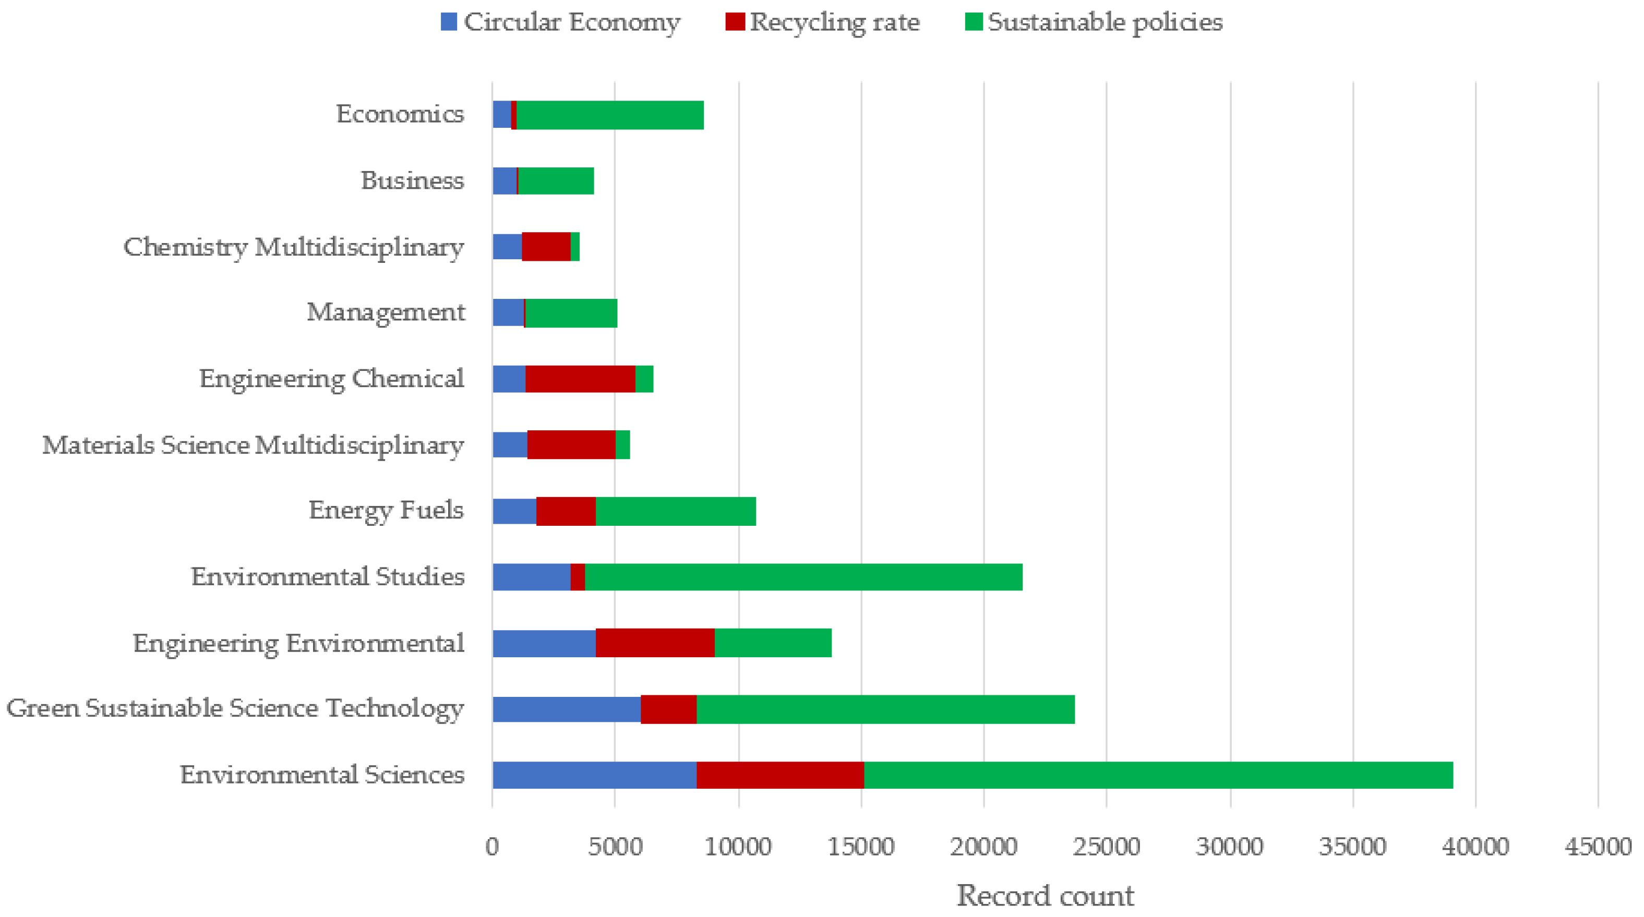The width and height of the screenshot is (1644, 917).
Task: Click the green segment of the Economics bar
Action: (x=609, y=115)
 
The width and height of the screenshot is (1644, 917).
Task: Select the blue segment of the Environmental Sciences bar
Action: (x=594, y=775)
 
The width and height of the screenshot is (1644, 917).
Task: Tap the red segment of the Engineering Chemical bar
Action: (x=580, y=379)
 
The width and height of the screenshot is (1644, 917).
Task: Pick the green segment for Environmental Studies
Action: (x=803, y=577)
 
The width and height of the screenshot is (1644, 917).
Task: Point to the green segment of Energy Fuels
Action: (x=675, y=511)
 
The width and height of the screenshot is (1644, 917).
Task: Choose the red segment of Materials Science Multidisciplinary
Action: (x=571, y=445)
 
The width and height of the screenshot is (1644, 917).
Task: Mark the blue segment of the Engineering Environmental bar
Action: (x=544, y=643)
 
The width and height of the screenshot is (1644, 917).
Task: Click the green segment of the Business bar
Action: (x=555, y=181)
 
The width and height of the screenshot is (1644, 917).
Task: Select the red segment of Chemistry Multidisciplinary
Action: (x=546, y=247)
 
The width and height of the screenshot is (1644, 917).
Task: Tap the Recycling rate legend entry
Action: (x=823, y=22)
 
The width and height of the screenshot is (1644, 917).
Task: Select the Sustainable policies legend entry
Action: (x=1094, y=22)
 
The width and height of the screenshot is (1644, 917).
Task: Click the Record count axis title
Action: (x=1045, y=895)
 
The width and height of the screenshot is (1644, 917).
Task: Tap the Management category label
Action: (x=386, y=312)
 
